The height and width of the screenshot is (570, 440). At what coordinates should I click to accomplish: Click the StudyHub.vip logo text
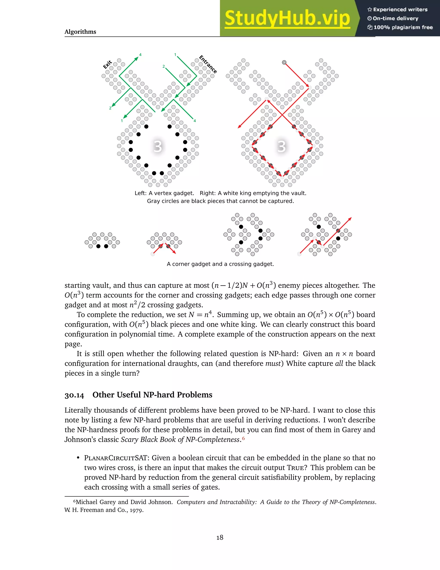tap(287, 18)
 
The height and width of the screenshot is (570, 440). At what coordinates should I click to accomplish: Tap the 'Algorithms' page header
tap(80, 32)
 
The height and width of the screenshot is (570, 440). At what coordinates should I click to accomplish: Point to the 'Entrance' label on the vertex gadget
tap(208, 64)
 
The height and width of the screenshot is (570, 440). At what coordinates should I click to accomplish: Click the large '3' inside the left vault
tap(157, 146)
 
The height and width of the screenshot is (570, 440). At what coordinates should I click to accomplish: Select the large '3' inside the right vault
tap(281, 146)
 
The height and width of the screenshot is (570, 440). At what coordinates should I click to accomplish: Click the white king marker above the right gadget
tap(284, 62)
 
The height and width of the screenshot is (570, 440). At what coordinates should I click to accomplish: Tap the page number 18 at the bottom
tap(220, 537)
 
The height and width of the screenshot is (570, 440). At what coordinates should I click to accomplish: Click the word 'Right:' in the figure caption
tap(208, 193)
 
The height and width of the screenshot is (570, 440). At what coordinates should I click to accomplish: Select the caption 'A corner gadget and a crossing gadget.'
tap(220, 264)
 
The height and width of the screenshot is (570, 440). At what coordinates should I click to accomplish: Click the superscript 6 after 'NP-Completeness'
tap(243, 438)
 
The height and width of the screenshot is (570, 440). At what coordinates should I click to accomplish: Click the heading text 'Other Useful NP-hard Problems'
tap(152, 395)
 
